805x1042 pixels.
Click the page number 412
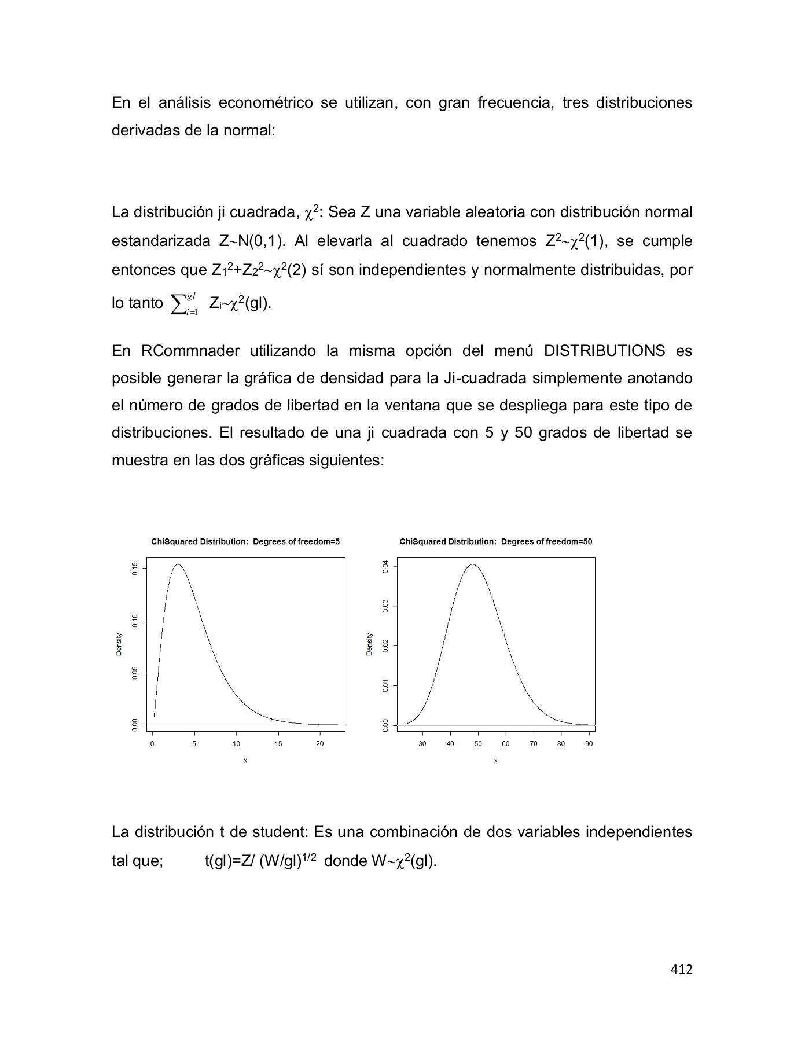681,969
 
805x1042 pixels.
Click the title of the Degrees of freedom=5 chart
245,542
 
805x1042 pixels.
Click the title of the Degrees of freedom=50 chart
495,542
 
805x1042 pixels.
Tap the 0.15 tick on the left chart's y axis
135,568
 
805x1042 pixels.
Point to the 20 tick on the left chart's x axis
320,744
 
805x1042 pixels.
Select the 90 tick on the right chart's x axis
589,744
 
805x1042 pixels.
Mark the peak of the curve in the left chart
178,564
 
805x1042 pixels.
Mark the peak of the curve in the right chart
473,564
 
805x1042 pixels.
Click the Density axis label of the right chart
369,644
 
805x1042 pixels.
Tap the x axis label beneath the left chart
245,761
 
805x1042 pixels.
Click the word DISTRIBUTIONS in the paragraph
604,351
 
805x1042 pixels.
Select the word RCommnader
188,351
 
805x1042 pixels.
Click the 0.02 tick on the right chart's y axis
385,645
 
